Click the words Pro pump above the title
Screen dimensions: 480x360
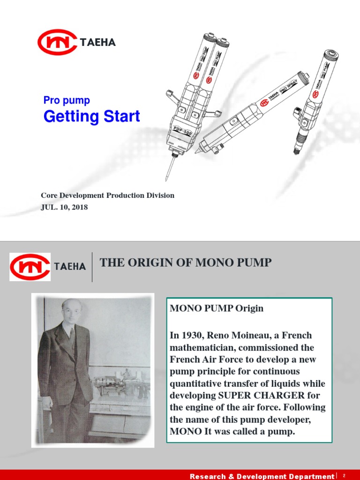[67, 100]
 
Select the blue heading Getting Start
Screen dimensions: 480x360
[91, 116]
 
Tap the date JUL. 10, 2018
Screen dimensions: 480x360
[64, 207]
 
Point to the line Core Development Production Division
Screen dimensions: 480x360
[107, 195]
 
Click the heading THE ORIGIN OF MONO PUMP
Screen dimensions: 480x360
[186, 262]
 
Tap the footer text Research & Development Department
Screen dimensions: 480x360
[262, 476]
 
